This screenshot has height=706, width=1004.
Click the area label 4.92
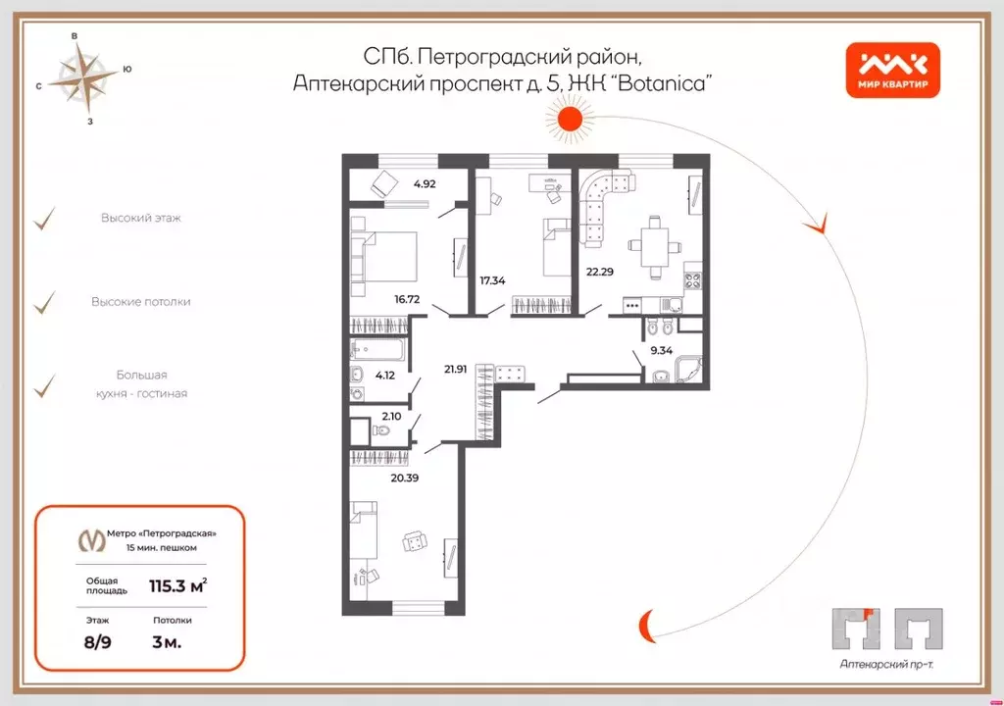425,183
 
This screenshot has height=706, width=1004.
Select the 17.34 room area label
494,279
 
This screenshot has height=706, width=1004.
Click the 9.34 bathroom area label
660,348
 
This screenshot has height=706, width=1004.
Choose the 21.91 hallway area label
456,369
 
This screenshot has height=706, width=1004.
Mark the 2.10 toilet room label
391,416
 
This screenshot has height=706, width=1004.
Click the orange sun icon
571,121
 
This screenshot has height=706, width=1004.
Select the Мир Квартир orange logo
893,72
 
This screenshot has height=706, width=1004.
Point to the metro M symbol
92,539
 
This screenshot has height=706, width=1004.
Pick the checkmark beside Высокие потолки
44,303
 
